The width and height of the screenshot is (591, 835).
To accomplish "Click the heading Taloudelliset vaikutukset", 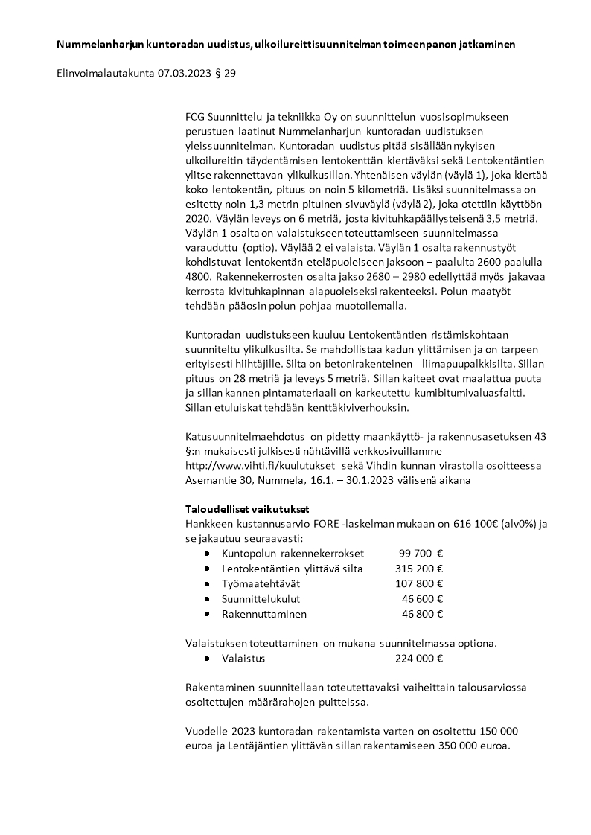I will [247, 509].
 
